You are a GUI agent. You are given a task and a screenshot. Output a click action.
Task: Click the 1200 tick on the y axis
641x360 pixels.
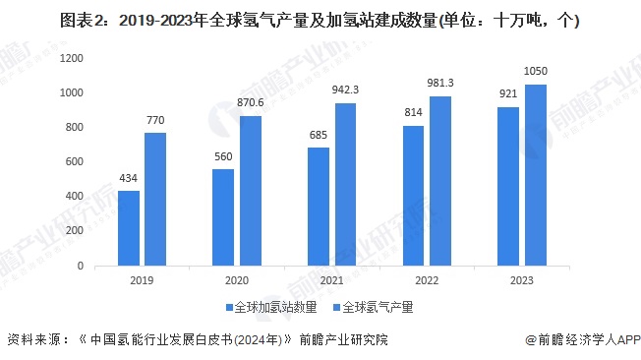70,59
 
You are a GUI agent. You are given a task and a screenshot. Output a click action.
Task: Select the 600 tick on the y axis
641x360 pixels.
74,162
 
